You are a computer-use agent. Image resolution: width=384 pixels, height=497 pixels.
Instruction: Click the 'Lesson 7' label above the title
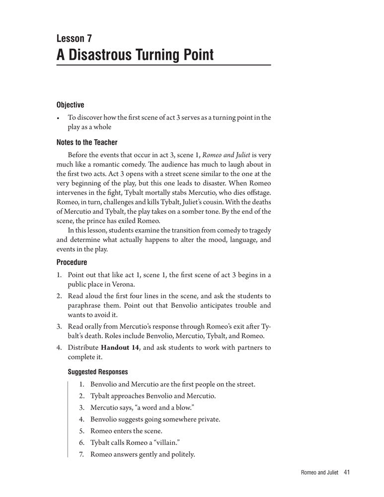point(74,38)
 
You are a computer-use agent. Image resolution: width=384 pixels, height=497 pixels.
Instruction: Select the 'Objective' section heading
point(70,105)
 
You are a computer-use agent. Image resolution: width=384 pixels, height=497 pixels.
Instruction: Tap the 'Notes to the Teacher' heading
point(87,143)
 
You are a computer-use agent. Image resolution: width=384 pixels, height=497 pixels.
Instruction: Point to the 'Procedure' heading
point(72,262)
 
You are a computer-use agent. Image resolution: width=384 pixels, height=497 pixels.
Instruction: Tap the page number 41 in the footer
point(347,473)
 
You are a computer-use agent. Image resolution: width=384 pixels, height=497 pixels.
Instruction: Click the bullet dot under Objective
point(59,118)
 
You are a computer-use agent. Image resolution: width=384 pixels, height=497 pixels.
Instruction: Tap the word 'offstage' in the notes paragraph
point(256,192)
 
